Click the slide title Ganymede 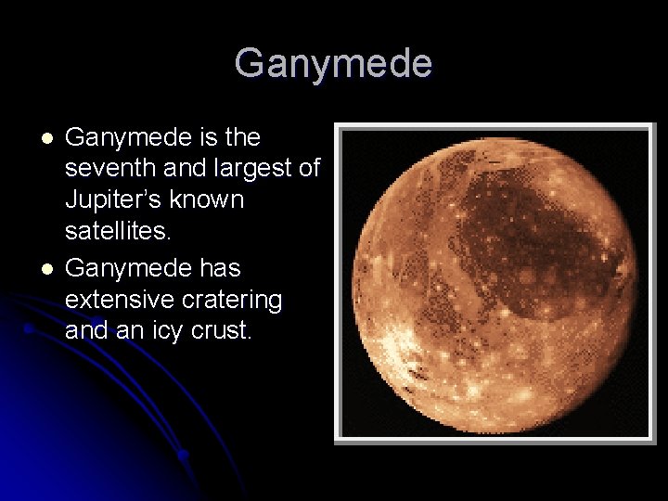[x=333, y=64]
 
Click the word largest [x=256, y=170]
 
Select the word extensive [x=117, y=300]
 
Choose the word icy [x=173, y=332]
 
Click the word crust [x=223, y=332]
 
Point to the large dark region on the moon [x=529, y=241]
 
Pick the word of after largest [x=308, y=170]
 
